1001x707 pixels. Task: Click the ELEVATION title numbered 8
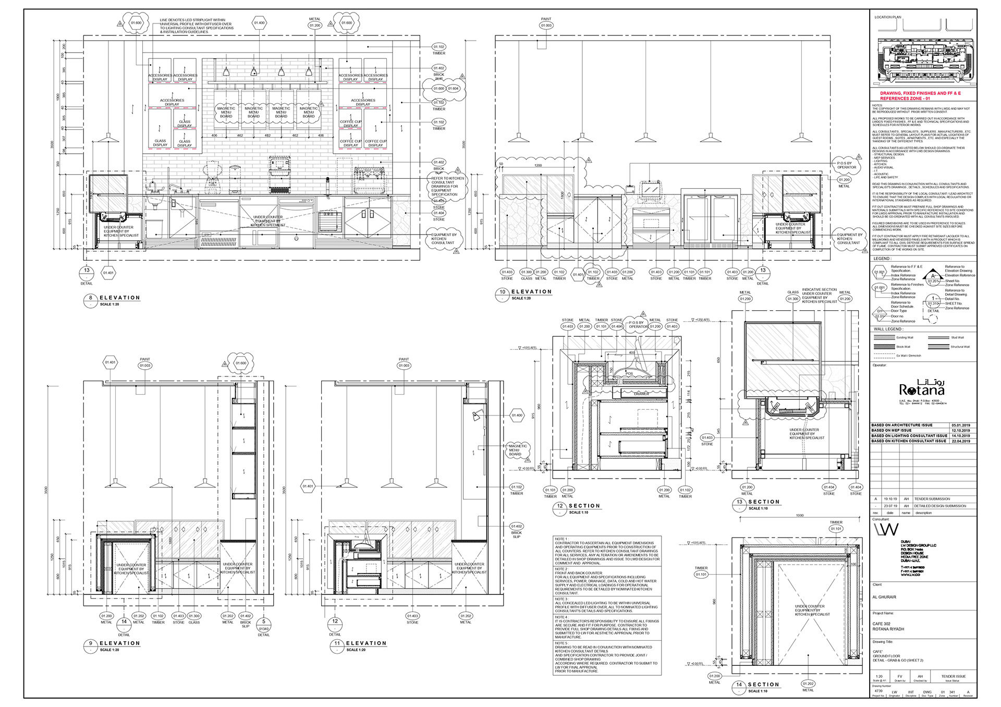click(120, 298)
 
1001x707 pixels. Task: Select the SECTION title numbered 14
click(763, 685)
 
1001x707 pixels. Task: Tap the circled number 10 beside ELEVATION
click(503, 292)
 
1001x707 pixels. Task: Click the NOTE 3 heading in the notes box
click(561, 599)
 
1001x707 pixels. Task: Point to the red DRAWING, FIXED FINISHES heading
click(920, 95)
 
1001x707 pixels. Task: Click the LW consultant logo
click(886, 530)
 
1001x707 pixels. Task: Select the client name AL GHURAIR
click(884, 597)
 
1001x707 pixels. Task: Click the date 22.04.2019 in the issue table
click(960, 441)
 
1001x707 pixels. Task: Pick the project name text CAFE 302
click(882, 624)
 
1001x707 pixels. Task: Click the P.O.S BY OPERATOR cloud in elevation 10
click(846, 165)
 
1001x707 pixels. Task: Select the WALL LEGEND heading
click(887, 329)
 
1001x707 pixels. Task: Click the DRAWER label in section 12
click(641, 394)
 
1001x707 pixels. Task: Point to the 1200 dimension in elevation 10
click(538, 165)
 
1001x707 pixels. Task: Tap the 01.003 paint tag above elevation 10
click(546, 25)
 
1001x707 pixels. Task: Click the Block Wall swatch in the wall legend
click(884, 347)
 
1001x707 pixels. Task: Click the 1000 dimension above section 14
click(800, 515)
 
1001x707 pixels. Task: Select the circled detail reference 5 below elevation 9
click(264, 621)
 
